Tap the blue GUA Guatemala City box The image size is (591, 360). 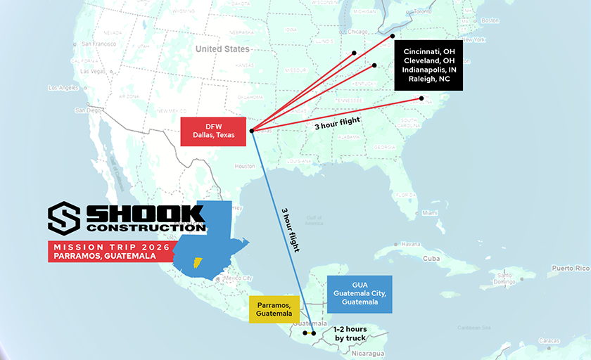pyautogui.click(x=360, y=294)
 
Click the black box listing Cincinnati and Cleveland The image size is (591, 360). pyautogui.click(x=428, y=65)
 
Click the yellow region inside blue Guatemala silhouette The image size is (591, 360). pyautogui.click(x=198, y=263)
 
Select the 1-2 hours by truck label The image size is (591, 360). pyautogui.click(x=350, y=334)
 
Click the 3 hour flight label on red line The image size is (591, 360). pyautogui.click(x=338, y=123)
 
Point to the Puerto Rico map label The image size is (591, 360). pyautogui.click(x=569, y=268)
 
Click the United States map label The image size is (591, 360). pyautogui.click(x=222, y=49)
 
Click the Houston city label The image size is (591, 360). pyautogui.click(x=245, y=167)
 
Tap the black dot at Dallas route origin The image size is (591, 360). pyautogui.click(x=251, y=130)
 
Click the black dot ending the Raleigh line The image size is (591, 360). pyautogui.click(x=421, y=98)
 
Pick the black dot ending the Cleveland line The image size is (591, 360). pyautogui.click(x=393, y=36)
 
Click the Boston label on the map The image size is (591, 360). pyautogui.click(x=489, y=20)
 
